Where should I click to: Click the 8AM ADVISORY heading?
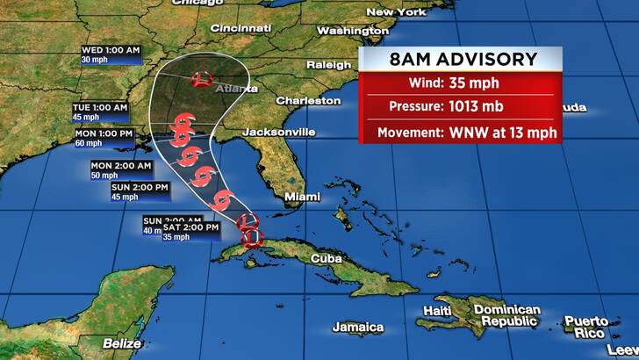463,60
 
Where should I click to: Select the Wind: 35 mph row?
463,84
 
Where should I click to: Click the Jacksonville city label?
277,132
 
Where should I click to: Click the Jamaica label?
358,327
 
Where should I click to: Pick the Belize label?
120,342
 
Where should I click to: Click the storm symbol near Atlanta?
202,79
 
